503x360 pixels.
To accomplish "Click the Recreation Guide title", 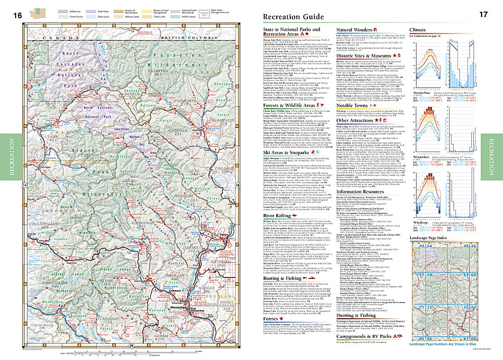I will click(x=294, y=17).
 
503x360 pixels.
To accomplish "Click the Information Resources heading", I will click(x=362, y=191).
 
